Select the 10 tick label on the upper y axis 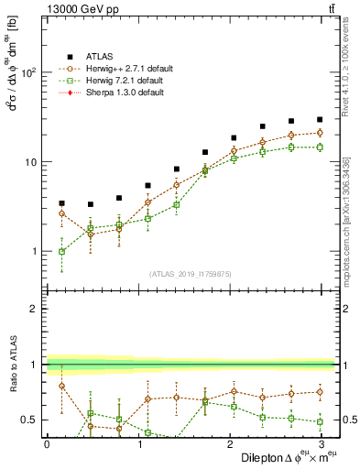tap(30, 162)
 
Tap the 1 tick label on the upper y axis tap(33, 251)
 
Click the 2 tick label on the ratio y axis tap(33, 310)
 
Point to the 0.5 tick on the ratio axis tap(29, 420)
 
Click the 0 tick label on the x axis tap(47, 443)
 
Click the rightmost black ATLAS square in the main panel tap(319, 119)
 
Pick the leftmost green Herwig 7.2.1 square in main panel tap(61, 251)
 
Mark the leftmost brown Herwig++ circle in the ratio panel tap(61, 386)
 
